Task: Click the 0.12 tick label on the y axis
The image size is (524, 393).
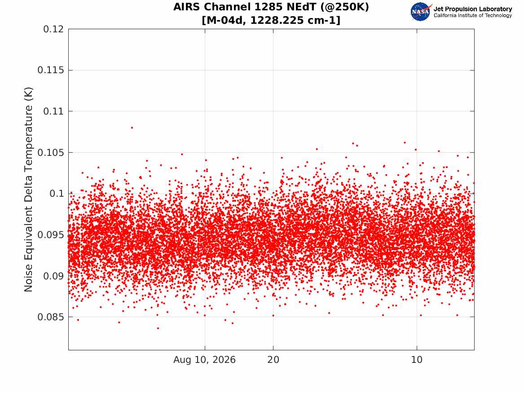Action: pos(53,29)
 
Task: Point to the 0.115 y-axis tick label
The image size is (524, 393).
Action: pos(50,70)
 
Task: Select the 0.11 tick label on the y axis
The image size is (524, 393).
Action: pos(53,111)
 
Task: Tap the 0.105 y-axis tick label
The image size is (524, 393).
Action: pos(50,152)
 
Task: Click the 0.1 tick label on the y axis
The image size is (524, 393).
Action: pos(57,194)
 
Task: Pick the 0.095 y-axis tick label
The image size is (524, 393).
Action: pos(50,234)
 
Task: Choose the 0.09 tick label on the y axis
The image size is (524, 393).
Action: pos(53,276)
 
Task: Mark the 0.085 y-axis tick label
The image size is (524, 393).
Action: pos(50,317)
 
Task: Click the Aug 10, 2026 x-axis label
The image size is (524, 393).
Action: pos(204,360)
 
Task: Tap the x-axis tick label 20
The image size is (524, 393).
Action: pos(273,360)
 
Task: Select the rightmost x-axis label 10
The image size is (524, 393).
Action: pos(417,360)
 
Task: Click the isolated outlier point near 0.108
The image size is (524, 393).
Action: pos(132,128)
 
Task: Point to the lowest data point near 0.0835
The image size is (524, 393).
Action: pos(158,328)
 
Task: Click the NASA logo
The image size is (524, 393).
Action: pos(421,12)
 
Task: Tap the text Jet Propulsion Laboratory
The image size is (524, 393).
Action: pos(472,9)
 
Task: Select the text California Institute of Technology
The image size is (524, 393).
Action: pos(472,15)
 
